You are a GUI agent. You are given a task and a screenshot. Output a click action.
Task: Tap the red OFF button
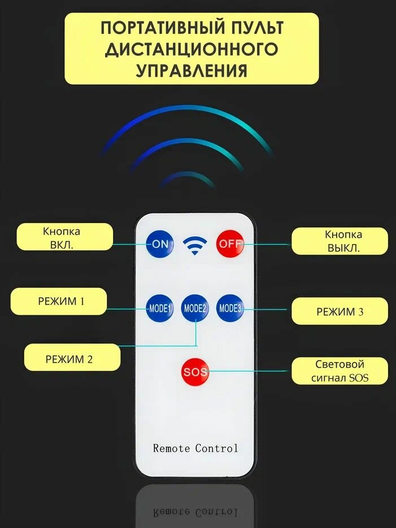(229, 243)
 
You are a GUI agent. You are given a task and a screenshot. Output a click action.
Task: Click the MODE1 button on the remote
(160, 308)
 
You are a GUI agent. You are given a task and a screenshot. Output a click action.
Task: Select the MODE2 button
(195, 308)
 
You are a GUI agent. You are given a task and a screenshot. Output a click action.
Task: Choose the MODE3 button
(230, 308)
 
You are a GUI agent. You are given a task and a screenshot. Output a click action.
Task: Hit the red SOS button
(195, 372)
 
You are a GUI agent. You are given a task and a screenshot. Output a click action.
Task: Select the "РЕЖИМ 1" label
(61, 302)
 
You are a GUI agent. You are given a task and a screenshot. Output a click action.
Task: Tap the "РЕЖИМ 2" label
(69, 358)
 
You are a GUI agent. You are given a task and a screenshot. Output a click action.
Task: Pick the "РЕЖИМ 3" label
(340, 312)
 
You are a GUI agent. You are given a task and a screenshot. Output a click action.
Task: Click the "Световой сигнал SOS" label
(340, 371)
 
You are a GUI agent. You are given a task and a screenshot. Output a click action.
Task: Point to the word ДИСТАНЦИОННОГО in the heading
(192, 49)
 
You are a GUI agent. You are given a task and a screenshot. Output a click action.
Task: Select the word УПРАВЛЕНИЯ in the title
(192, 70)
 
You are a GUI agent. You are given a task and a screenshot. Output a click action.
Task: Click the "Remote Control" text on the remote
(195, 448)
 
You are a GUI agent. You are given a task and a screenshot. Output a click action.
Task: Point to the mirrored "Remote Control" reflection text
(195, 512)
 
